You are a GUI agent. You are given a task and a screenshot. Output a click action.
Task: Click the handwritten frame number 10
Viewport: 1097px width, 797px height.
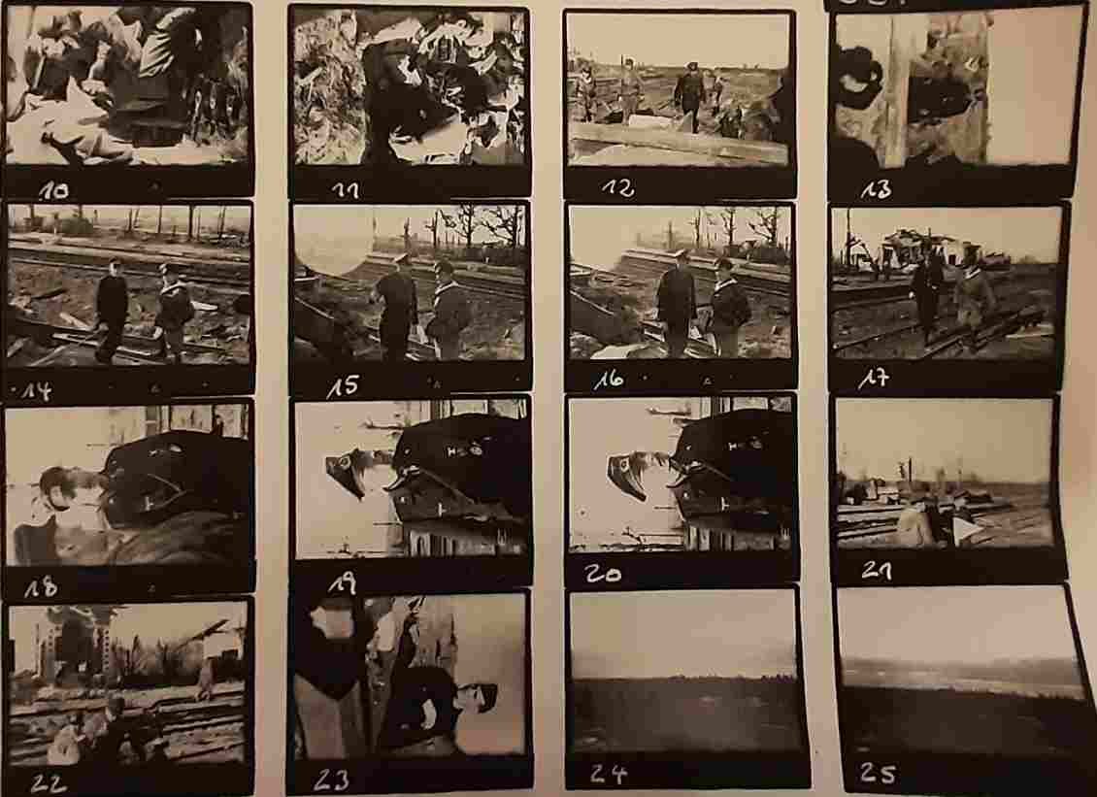[53, 189]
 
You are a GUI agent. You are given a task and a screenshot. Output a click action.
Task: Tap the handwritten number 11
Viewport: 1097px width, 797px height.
[346, 189]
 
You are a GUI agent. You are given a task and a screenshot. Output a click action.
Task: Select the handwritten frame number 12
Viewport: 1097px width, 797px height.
[617, 187]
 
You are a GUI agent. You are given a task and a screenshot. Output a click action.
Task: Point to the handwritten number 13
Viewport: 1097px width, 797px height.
[876, 189]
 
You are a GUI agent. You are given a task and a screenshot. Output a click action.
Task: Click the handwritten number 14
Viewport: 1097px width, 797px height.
[37, 390]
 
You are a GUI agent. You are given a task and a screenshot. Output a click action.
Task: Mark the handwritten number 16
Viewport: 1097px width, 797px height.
[609, 380]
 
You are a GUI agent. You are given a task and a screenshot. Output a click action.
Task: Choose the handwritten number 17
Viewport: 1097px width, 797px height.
[875, 379]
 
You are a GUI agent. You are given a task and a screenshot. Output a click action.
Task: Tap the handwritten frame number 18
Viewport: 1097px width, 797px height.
[41, 587]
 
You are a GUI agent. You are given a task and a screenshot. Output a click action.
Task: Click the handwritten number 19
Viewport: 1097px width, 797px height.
[342, 583]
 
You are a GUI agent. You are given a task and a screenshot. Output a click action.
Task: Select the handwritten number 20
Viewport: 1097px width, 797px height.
[602, 575]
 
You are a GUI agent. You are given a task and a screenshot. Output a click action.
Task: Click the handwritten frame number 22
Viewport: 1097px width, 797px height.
[49, 783]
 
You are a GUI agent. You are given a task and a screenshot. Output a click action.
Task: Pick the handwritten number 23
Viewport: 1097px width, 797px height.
[331, 780]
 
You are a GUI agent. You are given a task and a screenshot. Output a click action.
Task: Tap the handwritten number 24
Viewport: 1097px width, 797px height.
[609, 773]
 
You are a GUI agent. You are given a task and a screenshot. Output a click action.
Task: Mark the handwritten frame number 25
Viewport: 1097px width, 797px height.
[878, 773]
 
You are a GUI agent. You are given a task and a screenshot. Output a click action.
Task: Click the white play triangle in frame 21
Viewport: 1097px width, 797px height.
[965, 529]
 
